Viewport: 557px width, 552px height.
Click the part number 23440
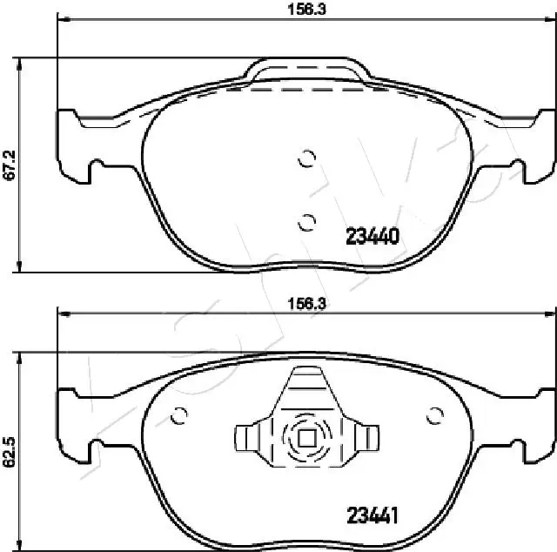tap(372, 236)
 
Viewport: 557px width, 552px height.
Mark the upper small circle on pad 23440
tap(305, 158)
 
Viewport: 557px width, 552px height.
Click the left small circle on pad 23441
tap(180, 416)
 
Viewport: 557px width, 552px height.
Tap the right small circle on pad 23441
tap(433, 416)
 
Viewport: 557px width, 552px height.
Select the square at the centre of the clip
tap(306, 439)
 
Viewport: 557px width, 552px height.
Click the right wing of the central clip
tap(366, 436)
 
